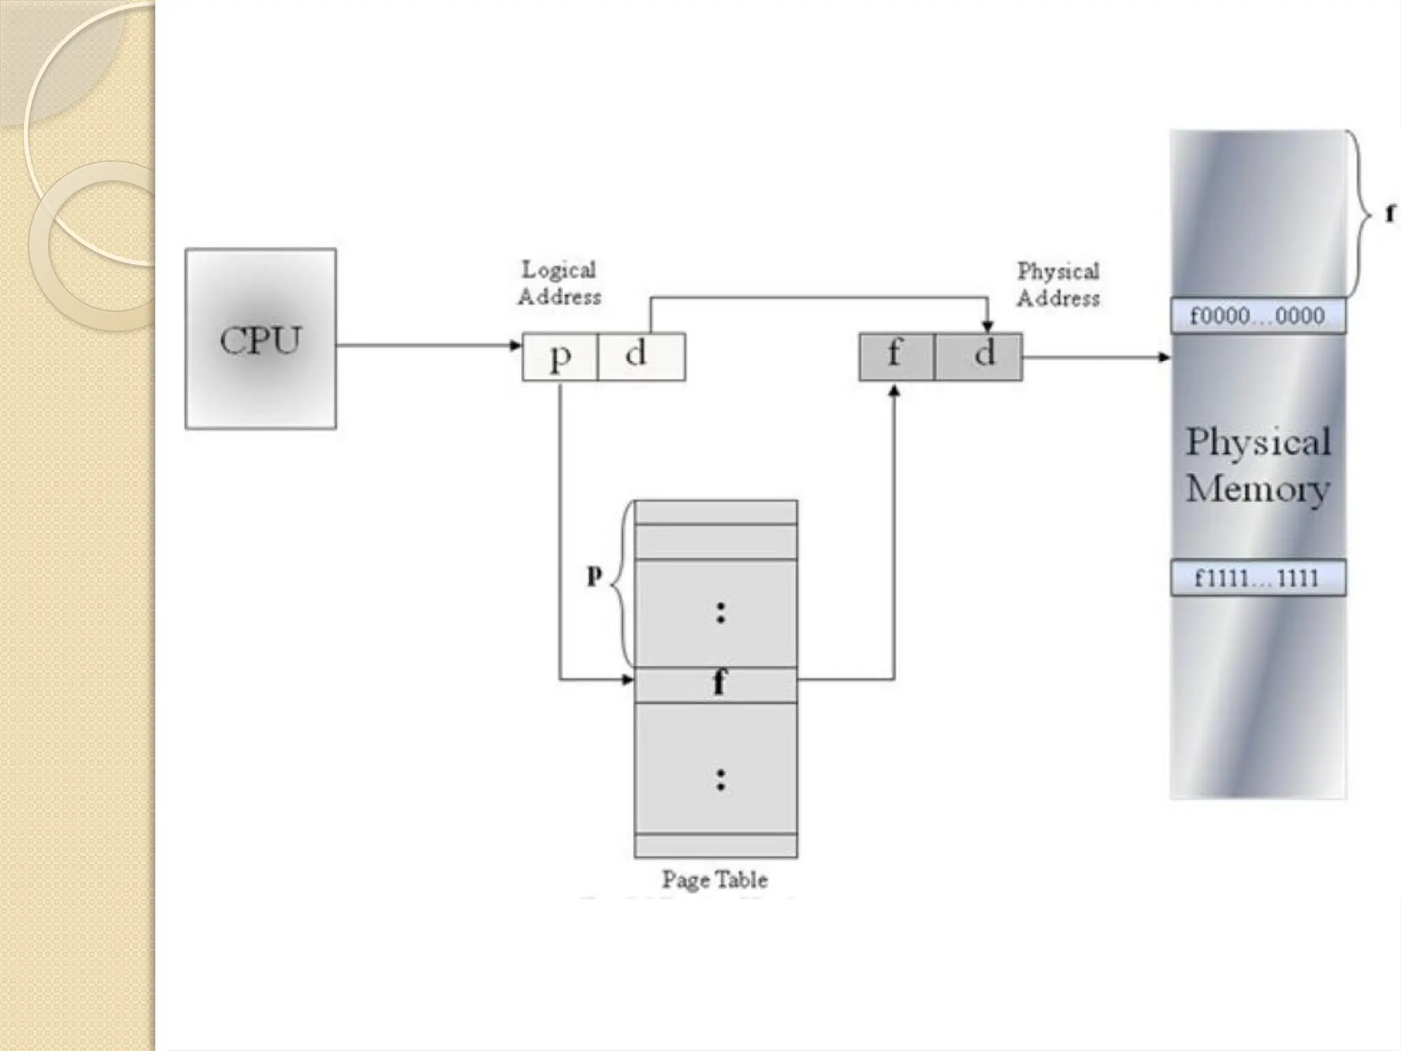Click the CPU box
260,339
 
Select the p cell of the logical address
560,356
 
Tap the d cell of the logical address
641,356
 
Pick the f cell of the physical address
895,356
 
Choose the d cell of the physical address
979,356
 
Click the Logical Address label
560,283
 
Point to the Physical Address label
1058,285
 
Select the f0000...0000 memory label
1257,316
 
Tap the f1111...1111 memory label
1257,578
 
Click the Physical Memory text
1257,465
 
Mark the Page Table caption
714,879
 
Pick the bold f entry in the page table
718,683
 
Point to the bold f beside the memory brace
1390,214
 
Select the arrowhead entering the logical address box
516,346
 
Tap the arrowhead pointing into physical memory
1164,357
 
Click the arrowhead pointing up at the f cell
894,391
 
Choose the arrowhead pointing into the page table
627,680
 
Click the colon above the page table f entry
720,612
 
